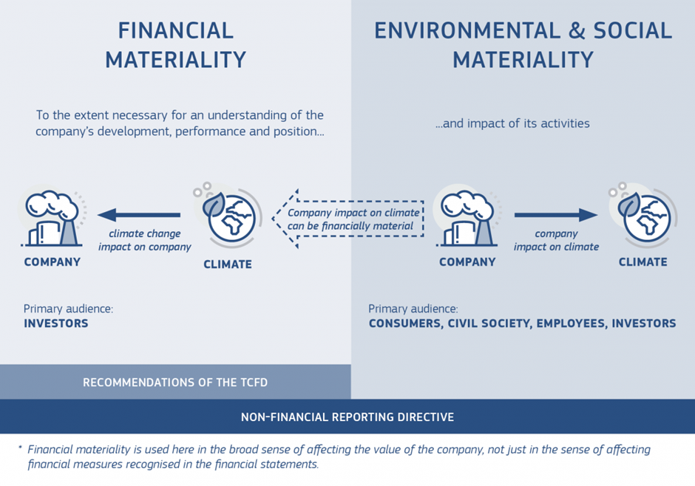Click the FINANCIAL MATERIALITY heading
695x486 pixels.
pos(175,45)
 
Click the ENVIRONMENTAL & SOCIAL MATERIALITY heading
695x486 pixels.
pos(523,45)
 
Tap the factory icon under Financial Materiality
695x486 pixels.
pos(52,218)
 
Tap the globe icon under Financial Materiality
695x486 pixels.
pos(228,215)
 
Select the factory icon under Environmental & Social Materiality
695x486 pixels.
pos(467,218)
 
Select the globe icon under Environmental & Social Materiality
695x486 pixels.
pos(643,215)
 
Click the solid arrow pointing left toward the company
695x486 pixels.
pos(139,215)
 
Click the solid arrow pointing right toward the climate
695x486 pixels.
pos(556,215)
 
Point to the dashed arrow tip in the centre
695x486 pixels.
pos(273,219)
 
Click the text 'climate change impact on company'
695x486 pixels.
pos(144,240)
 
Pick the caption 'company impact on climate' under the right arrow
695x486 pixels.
pos(556,240)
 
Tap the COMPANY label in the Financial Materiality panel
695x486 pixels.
pos(52,262)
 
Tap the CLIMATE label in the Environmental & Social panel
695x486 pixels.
pos(643,262)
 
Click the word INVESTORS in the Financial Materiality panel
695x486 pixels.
pos(56,324)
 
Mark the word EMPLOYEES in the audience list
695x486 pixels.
pos(572,324)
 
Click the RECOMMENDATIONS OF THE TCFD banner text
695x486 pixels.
pos(175,383)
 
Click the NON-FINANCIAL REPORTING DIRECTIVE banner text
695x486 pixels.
pos(347,417)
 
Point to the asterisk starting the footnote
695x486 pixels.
pos(20,448)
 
